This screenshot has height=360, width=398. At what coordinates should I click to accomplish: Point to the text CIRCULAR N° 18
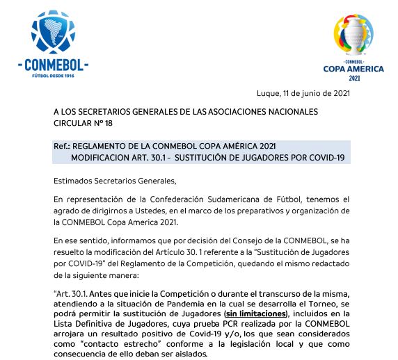pos(83,123)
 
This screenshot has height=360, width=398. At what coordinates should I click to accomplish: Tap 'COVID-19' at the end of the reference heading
pos(327,157)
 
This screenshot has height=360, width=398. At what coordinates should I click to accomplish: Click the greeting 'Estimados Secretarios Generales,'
pos(114,181)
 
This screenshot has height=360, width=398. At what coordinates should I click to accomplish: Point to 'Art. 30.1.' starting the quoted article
pos(72,294)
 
